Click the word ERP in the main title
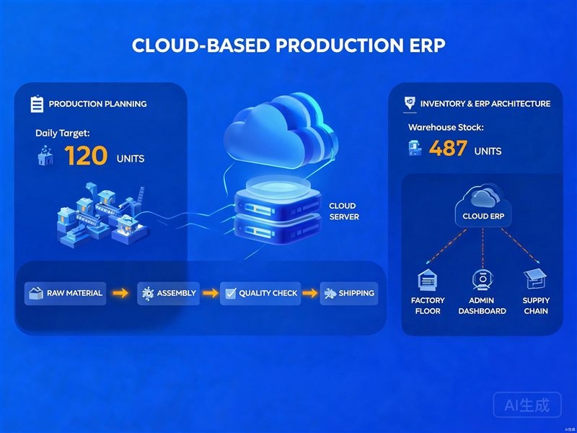[x=423, y=45]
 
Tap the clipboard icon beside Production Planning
[x=37, y=104]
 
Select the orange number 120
[x=86, y=155]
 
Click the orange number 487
[x=448, y=149]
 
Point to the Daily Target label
[x=63, y=134]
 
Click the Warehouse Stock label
[x=446, y=128]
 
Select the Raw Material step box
[x=65, y=294]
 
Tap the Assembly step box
[x=169, y=294]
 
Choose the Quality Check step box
[x=260, y=294]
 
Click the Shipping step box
[x=349, y=294]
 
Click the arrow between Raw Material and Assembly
[x=120, y=293]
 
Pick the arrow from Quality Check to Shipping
[x=310, y=293]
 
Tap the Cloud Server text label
[x=344, y=211]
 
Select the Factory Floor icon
[x=428, y=280]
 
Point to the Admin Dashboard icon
[x=483, y=280]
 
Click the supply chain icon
[x=535, y=279]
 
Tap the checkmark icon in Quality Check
[x=231, y=293]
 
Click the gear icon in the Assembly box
[x=148, y=294]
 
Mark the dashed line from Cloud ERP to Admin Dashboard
[x=483, y=248]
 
